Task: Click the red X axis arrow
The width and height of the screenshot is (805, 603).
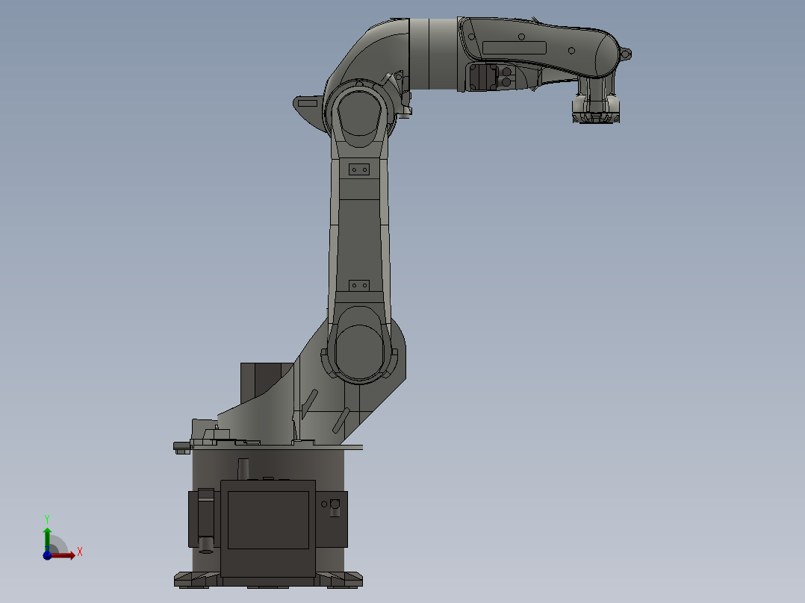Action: [x=66, y=554]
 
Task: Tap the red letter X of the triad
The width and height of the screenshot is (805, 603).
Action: [x=79, y=552]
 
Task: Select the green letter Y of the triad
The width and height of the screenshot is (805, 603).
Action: [x=47, y=518]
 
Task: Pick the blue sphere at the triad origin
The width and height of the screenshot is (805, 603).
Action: [x=47, y=554]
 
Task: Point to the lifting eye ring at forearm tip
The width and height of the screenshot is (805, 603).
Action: [x=626, y=54]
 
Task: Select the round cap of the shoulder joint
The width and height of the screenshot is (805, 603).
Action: [x=358, y=351]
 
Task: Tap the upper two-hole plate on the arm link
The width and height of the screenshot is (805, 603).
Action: [x=359, y=170]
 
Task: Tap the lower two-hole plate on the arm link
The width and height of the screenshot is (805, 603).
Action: [x=359, y=285]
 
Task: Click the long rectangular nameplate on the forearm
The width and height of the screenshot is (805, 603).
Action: [x=515, y=47]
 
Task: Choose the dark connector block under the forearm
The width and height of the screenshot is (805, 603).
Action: [x=482, y=77]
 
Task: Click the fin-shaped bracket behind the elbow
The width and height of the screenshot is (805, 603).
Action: [x=307, y=105]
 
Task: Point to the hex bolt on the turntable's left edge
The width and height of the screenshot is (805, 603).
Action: [x=181, y=447]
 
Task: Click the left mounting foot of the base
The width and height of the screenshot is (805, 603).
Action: [x=196, y=578]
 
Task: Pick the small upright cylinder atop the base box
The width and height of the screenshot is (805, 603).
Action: [x=243, y=469]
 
